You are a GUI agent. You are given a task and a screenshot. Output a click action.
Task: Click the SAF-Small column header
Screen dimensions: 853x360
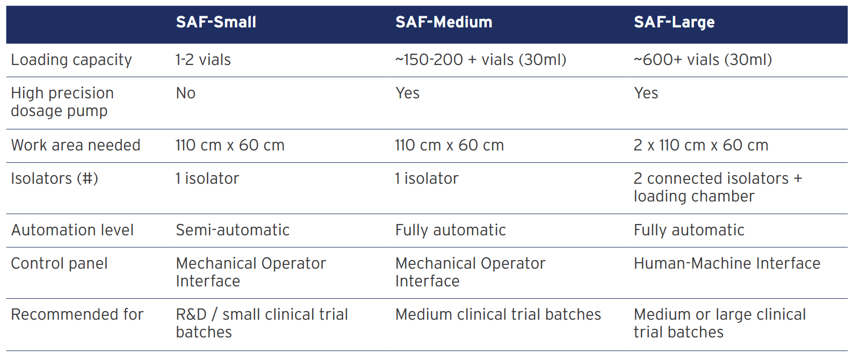216,22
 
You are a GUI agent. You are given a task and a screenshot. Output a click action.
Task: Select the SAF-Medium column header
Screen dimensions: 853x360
444,22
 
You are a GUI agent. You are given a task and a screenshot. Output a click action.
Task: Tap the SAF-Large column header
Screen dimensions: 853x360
674,23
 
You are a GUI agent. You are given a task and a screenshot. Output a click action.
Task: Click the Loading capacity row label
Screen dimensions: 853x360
71,60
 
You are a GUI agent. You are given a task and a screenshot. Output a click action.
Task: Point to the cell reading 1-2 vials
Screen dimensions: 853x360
203,60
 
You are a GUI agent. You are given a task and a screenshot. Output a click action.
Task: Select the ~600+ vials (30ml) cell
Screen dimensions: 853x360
703,60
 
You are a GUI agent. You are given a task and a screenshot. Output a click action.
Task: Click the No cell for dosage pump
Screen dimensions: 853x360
185,93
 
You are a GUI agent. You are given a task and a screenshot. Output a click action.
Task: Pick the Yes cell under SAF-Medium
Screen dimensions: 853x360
407,93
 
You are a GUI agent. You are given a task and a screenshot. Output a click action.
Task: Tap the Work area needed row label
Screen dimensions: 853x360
75,145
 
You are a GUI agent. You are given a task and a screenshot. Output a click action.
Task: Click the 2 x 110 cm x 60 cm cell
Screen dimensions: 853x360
700,145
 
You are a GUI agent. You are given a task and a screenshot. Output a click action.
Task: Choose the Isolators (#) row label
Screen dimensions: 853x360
54,178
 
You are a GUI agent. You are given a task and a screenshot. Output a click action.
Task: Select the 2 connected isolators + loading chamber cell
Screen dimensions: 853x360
718,187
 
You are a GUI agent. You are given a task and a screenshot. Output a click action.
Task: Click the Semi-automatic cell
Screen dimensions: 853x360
232,230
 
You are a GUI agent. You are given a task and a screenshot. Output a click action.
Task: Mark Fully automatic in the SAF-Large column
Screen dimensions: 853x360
689,230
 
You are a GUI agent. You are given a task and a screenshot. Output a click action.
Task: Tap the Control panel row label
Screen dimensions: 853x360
59,264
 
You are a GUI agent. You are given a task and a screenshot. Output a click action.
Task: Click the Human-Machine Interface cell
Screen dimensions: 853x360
727,263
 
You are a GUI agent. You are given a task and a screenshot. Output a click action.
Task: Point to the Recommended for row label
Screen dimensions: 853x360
77,314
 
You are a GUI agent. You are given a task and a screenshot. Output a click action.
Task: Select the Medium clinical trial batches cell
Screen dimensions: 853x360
498,314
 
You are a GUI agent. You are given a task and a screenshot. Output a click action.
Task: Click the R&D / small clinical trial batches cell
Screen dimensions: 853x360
262,323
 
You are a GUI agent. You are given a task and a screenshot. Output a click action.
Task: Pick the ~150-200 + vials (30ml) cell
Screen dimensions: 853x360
481,60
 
